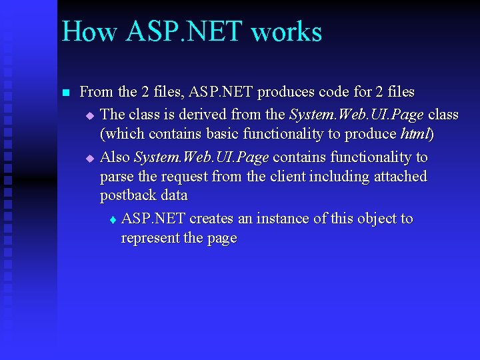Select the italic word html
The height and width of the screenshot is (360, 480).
tap(415, 134)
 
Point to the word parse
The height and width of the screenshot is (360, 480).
tap(115, 177)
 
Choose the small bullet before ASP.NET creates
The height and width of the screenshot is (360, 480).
tap(112, 220)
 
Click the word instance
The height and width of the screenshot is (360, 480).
tap(275, 219)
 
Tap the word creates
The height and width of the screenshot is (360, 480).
tap(211, 219)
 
